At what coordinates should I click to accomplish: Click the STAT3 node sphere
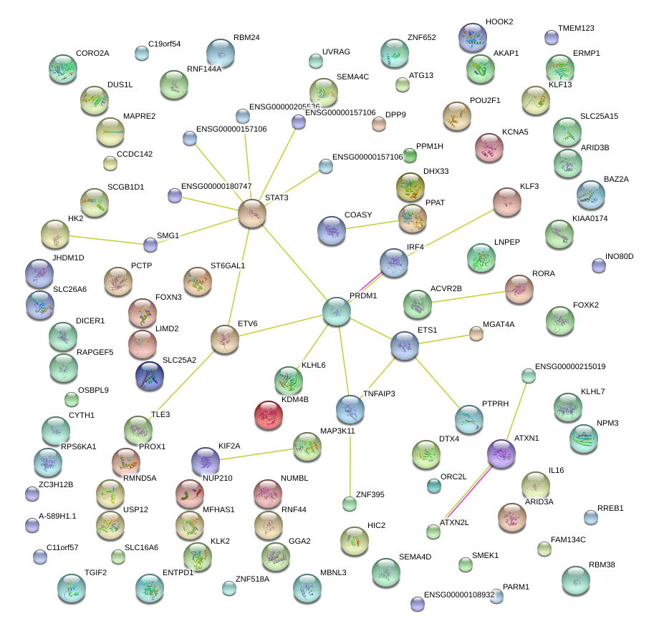tap(252, 213)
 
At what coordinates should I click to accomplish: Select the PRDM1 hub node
tap(336, 311)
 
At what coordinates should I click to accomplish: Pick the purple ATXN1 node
tap(501, 454)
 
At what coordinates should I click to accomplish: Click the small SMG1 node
tap(150, 245)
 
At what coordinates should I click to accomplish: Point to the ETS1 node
tap(405, 346)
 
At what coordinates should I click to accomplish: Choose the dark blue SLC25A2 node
tap(150, 377)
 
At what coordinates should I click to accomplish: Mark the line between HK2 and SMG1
tap(107, 239)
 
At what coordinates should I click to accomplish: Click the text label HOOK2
tap(499, 22)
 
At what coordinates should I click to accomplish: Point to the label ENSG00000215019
tap(570, 366)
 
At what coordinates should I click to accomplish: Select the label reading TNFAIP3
tap(379, 393)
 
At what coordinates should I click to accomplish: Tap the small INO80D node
tap(599, 266)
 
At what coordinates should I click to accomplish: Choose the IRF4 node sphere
tap(393, 263)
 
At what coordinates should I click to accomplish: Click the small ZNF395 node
tap(349, 504)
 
